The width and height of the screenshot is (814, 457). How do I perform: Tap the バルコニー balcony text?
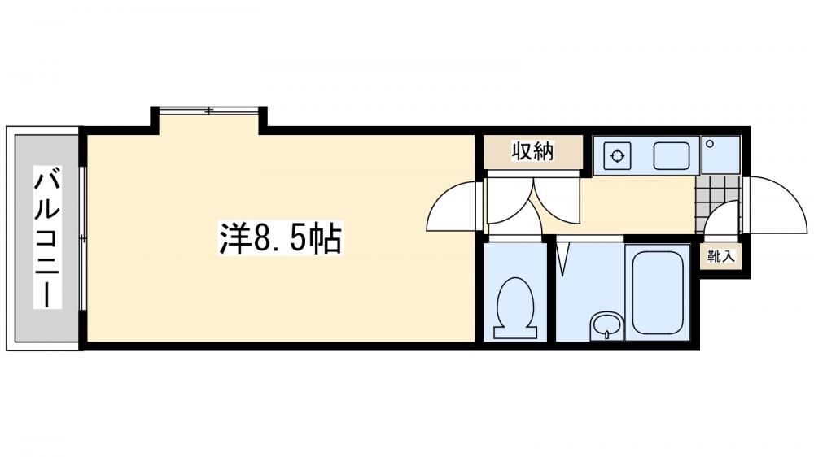46,237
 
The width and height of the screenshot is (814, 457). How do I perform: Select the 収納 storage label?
532,151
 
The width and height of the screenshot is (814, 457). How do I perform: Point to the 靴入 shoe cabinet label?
720,257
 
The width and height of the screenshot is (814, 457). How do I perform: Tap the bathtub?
656,293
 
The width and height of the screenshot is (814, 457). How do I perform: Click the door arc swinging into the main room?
450,207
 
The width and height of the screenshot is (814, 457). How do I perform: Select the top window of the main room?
210,110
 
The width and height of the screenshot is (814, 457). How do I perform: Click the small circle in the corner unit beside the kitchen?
710,144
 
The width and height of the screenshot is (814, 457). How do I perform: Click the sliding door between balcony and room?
82,237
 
